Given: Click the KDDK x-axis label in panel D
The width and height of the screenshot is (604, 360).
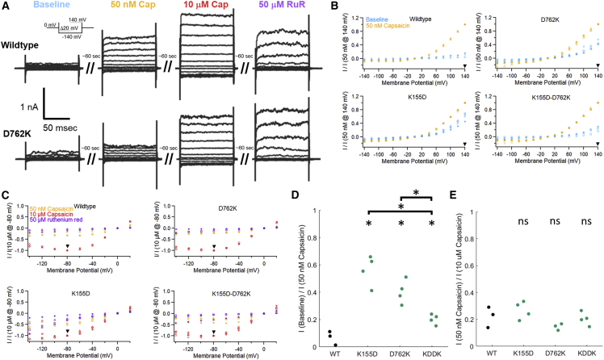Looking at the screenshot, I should coord(434,353).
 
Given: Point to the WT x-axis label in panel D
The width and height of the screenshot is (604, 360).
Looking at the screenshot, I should coord(334,353).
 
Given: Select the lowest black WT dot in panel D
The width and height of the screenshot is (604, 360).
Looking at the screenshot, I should coord(335,343).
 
